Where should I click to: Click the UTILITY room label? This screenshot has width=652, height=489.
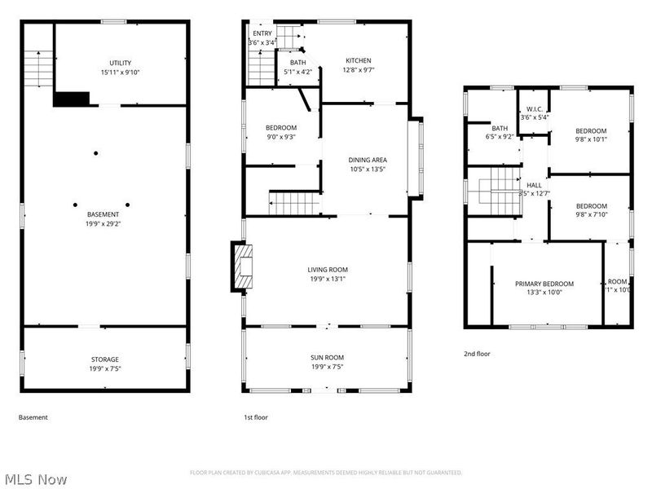point(121,63)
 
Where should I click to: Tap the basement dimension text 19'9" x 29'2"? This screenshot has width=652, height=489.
point(104,223)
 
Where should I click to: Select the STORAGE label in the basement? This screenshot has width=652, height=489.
point(104,359)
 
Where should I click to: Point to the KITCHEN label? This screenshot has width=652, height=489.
point(358,60)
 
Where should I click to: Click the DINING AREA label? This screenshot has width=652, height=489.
point(367,160)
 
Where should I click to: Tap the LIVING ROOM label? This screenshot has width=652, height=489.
point(328,270)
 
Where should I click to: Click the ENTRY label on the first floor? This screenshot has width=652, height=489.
point(262,33)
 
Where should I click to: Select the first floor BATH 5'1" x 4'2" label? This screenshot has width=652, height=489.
point(297,63)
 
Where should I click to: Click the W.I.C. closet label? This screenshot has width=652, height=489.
point(535,108)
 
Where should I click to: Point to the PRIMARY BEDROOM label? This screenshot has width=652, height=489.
point(544,284)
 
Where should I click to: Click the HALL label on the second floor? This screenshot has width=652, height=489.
point(534,185)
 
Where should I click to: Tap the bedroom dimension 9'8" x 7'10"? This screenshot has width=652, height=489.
point(591,215)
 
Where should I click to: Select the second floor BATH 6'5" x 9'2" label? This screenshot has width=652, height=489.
point(500,129)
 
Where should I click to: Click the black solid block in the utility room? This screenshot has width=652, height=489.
point(71,99)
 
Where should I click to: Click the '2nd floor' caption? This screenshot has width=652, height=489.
point(478,354)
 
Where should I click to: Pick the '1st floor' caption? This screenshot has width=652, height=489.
point(255,417)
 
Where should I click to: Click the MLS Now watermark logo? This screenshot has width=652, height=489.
point(34,479)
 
